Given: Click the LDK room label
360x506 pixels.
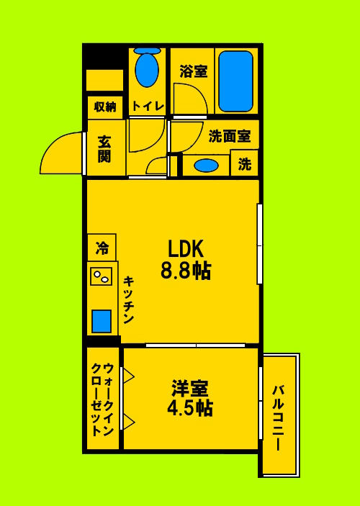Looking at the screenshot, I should (186, 249).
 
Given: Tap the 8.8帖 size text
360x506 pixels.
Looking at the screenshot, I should (186, 271).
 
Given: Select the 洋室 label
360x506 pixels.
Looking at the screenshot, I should (189, 389).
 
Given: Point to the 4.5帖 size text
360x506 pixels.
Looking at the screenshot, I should (189, 408).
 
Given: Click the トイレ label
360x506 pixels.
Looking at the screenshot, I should (148, 106).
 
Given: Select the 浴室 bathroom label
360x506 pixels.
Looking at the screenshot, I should (193, 71).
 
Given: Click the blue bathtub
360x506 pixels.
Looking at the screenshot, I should (235, 81).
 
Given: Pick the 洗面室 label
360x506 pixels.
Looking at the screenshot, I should (230, 135).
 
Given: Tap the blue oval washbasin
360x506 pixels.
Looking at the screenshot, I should (207, 165).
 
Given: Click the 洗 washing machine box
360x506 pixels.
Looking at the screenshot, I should (245, 164).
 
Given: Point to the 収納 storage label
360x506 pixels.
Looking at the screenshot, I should (105, 107).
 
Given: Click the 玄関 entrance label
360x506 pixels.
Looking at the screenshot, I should (104, 148).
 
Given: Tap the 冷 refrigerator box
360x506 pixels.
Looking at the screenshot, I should (102, 248).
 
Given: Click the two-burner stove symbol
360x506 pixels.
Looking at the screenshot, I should (102, 276).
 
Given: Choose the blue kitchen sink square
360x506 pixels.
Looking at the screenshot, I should (102, 320).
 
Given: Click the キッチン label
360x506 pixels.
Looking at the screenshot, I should (128, 300).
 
